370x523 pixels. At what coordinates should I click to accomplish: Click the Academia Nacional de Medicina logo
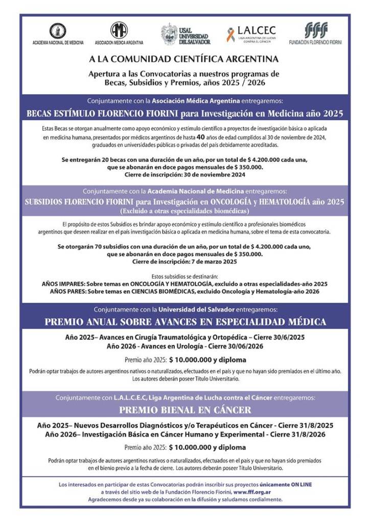[58, 31]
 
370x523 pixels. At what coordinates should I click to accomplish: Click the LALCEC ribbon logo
[231, 34]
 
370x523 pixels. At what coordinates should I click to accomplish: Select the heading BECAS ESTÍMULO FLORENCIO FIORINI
[184, 113]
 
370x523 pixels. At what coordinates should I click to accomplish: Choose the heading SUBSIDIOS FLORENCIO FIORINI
[184, 201]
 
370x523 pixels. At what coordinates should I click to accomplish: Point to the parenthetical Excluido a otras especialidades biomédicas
[184, 211]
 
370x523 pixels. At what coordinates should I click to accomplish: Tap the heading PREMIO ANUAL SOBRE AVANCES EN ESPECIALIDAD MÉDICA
[185, 322]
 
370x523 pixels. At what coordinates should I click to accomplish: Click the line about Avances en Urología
[184, 346]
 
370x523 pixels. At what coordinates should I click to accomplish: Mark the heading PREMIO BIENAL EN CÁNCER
[185, 410]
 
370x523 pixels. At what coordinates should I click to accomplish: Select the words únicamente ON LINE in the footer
[286, 484]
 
